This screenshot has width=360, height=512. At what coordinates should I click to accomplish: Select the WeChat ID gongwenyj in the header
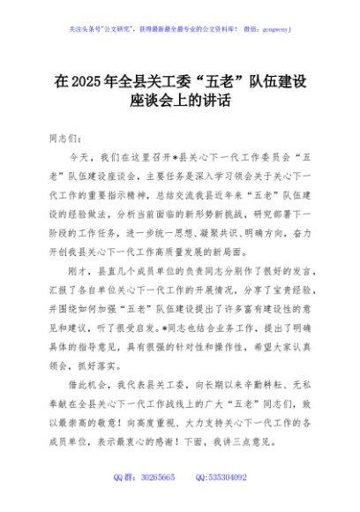coord(274,29)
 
